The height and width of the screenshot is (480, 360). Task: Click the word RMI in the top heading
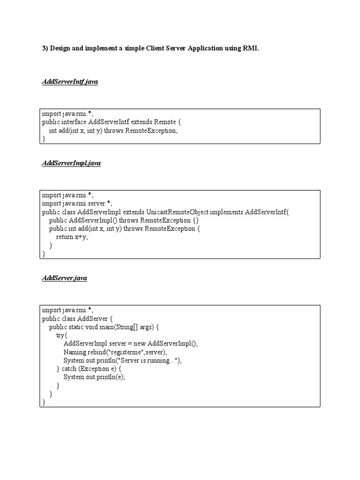[251, 49]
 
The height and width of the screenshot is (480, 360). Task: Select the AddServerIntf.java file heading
[70, 82]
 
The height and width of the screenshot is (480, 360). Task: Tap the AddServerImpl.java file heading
[71, 163]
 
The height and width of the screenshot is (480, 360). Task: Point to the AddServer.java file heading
[64, 278]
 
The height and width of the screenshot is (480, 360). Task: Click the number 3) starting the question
[45, 49]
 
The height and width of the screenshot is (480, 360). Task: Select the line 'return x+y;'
[72, 237]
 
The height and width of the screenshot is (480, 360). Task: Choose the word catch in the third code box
[69, 368]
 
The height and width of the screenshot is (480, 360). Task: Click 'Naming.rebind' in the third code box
[81, 352]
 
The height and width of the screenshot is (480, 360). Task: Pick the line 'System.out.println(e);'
[95, 377]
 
